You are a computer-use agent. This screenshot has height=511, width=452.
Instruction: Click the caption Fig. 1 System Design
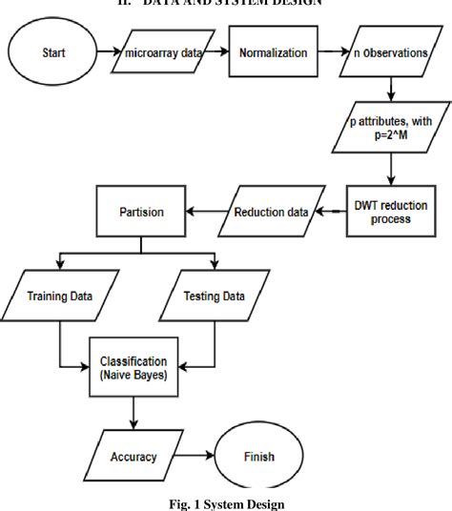tap(225, 501)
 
